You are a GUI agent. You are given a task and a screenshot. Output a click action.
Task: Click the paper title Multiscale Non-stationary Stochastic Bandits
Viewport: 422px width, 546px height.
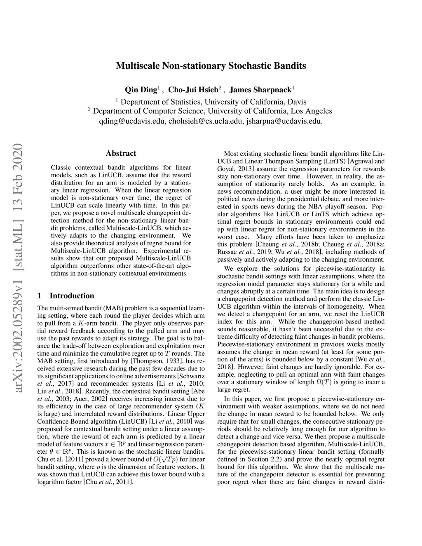211,66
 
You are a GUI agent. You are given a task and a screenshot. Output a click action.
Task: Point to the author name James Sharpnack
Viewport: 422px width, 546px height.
260,90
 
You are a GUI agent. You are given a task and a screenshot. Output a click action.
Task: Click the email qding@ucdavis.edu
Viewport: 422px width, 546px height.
132,121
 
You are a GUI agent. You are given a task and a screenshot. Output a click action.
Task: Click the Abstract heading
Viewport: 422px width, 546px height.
121,154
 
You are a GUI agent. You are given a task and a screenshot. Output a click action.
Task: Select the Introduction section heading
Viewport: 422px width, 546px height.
71,295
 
